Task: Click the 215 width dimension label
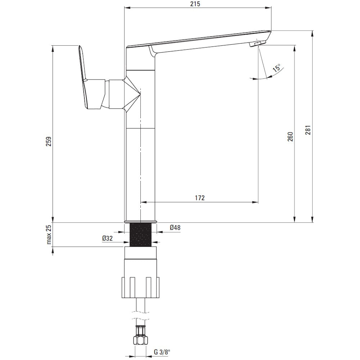pos(195,4)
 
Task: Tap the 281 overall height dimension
pos(308,130)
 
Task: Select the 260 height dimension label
pos(291,136)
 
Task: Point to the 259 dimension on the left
pos(49,141)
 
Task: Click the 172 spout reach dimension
pos(200,198)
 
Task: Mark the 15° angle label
pos(276,68)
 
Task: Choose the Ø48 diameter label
pos(175,228)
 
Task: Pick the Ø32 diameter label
pos(107,238)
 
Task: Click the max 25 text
pos(49,235)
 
